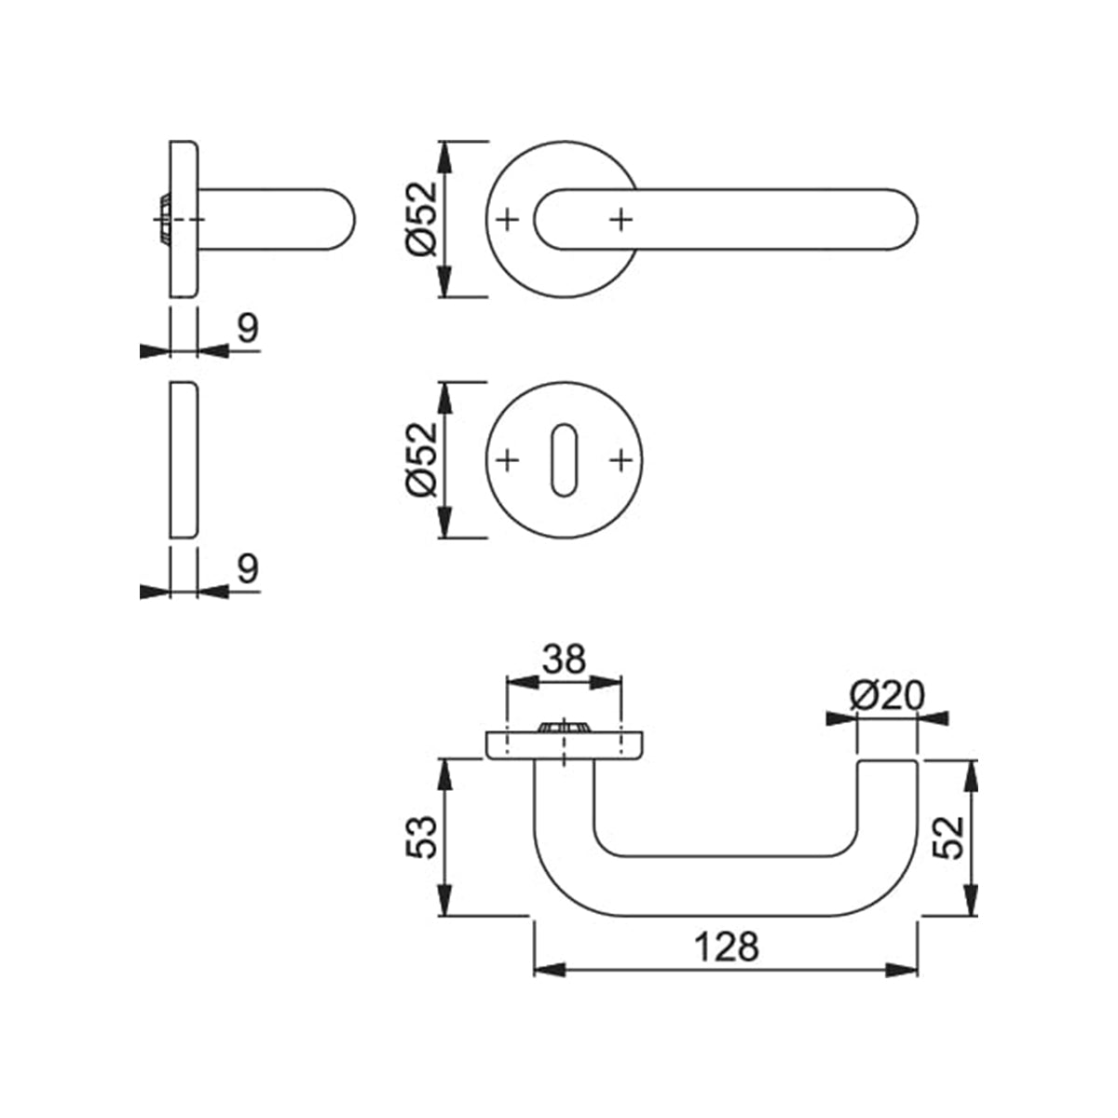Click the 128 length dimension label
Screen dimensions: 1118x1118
[x=727, y=947]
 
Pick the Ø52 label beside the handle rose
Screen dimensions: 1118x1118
[x=420, y=219]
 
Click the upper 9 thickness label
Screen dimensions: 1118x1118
[x=247, y=328]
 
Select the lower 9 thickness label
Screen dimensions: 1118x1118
[x=247, y=568]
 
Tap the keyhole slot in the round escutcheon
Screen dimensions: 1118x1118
[x=563, y=459]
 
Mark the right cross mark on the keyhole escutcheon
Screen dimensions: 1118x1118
[x=620, y=459]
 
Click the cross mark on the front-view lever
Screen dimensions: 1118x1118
[x=621, y=220]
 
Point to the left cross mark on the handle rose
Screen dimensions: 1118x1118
[x=507, y=220]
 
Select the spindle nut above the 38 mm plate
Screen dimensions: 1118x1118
[x=563, y=728]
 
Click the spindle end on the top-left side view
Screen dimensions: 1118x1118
[x=163, y=220]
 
